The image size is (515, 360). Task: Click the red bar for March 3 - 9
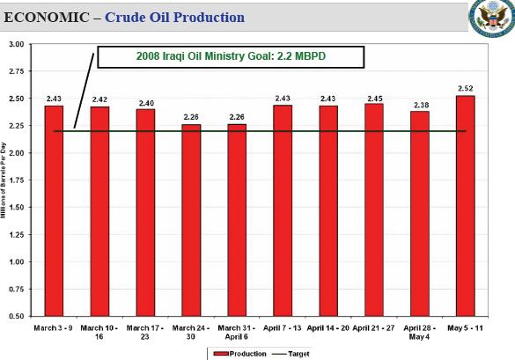click(x=54, y=210)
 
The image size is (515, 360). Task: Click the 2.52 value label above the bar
click(x=466, y=88)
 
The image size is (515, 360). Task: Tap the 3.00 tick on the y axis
click(x=16, y=44)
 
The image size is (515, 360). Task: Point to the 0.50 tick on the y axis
click(x=16, y=316)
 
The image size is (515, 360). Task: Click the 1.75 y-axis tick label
click(x=16, y=180)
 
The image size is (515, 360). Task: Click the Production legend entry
click(x=234, y=352)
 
